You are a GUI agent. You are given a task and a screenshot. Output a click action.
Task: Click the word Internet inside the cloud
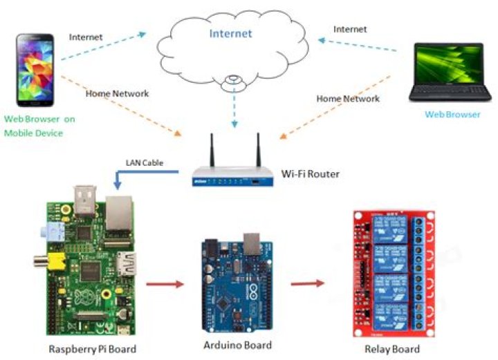coord(231,33)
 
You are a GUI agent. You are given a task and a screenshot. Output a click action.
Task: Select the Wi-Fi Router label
coord(311,174)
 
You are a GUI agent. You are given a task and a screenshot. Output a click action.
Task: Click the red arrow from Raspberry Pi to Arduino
coord(166,283)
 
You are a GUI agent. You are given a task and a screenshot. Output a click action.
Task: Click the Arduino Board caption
coord(237,345)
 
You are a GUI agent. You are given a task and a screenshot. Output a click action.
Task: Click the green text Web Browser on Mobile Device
coord(39,126)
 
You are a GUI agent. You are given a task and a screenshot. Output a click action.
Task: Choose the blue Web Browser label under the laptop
coord(452,115)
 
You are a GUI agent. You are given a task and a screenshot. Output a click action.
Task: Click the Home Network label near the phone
coord(117,94)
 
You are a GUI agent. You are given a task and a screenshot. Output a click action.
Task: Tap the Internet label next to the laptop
coord(350,30)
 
